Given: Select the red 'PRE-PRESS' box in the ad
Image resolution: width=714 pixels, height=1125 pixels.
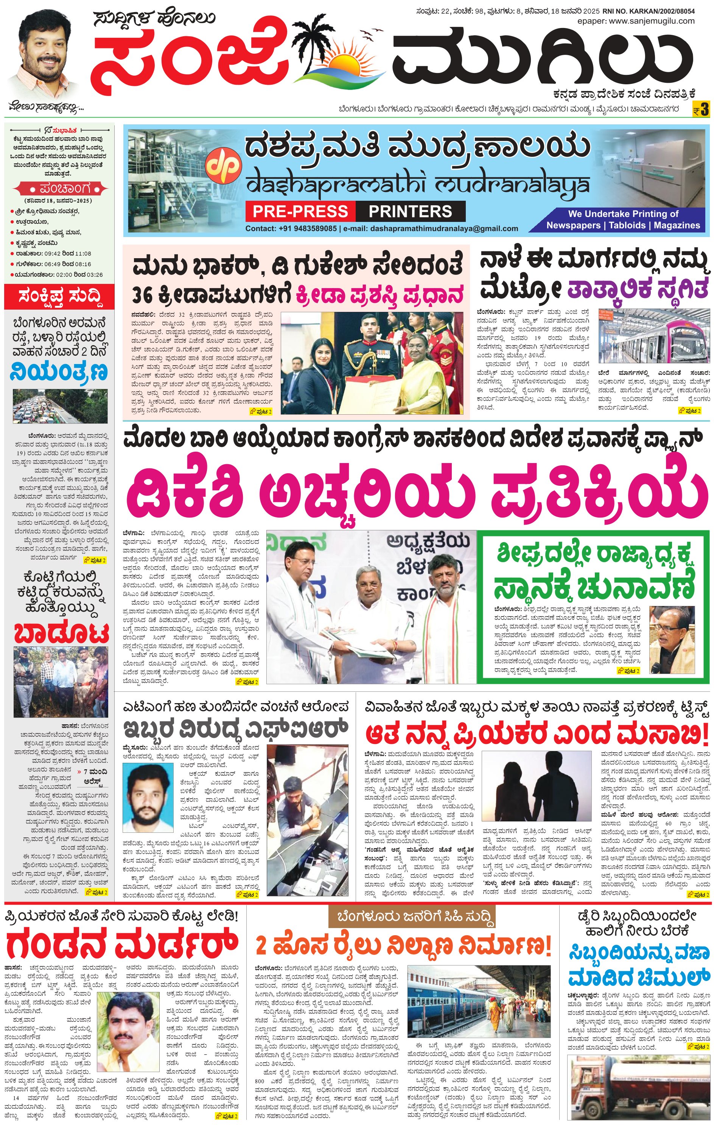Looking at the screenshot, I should (300, 211).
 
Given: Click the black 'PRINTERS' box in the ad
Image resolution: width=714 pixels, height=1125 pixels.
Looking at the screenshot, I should (410, 211).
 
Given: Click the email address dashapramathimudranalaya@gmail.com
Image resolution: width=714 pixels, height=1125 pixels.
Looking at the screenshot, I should (444, 228).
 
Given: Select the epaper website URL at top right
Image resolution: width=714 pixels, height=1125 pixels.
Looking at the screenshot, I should (635, 21).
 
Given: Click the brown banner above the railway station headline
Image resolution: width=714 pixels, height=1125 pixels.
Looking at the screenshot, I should (411, 917).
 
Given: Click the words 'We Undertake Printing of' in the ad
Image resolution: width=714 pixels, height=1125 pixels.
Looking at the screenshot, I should (623, 214).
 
